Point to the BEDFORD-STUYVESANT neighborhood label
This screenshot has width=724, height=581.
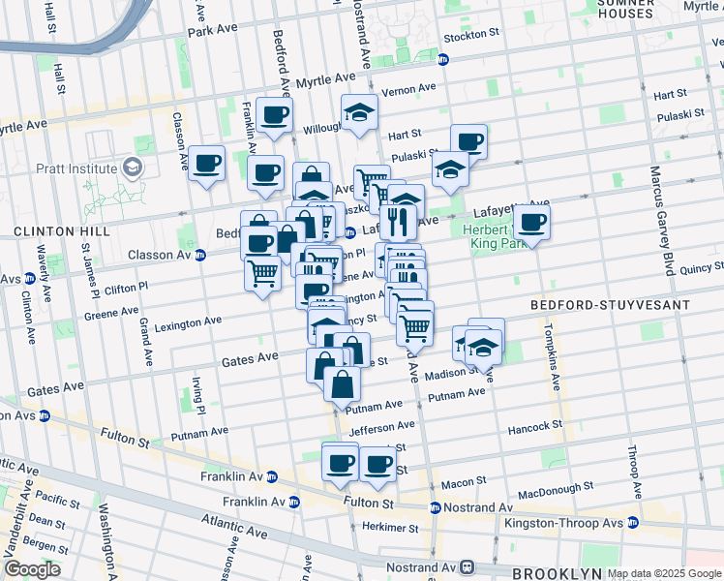[610, 305]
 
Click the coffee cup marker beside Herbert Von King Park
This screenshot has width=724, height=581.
[531, 223]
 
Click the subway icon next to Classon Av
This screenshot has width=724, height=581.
[200, 256]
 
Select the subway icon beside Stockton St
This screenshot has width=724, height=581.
[444, 58]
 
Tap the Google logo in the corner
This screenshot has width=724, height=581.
[32, 568]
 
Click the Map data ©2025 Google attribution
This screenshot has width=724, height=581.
[664, 573]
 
